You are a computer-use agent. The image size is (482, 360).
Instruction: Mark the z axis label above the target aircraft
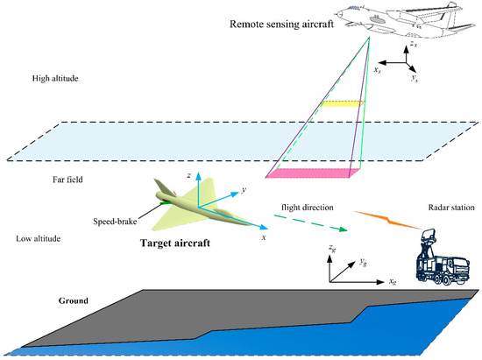tap(177, 175)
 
